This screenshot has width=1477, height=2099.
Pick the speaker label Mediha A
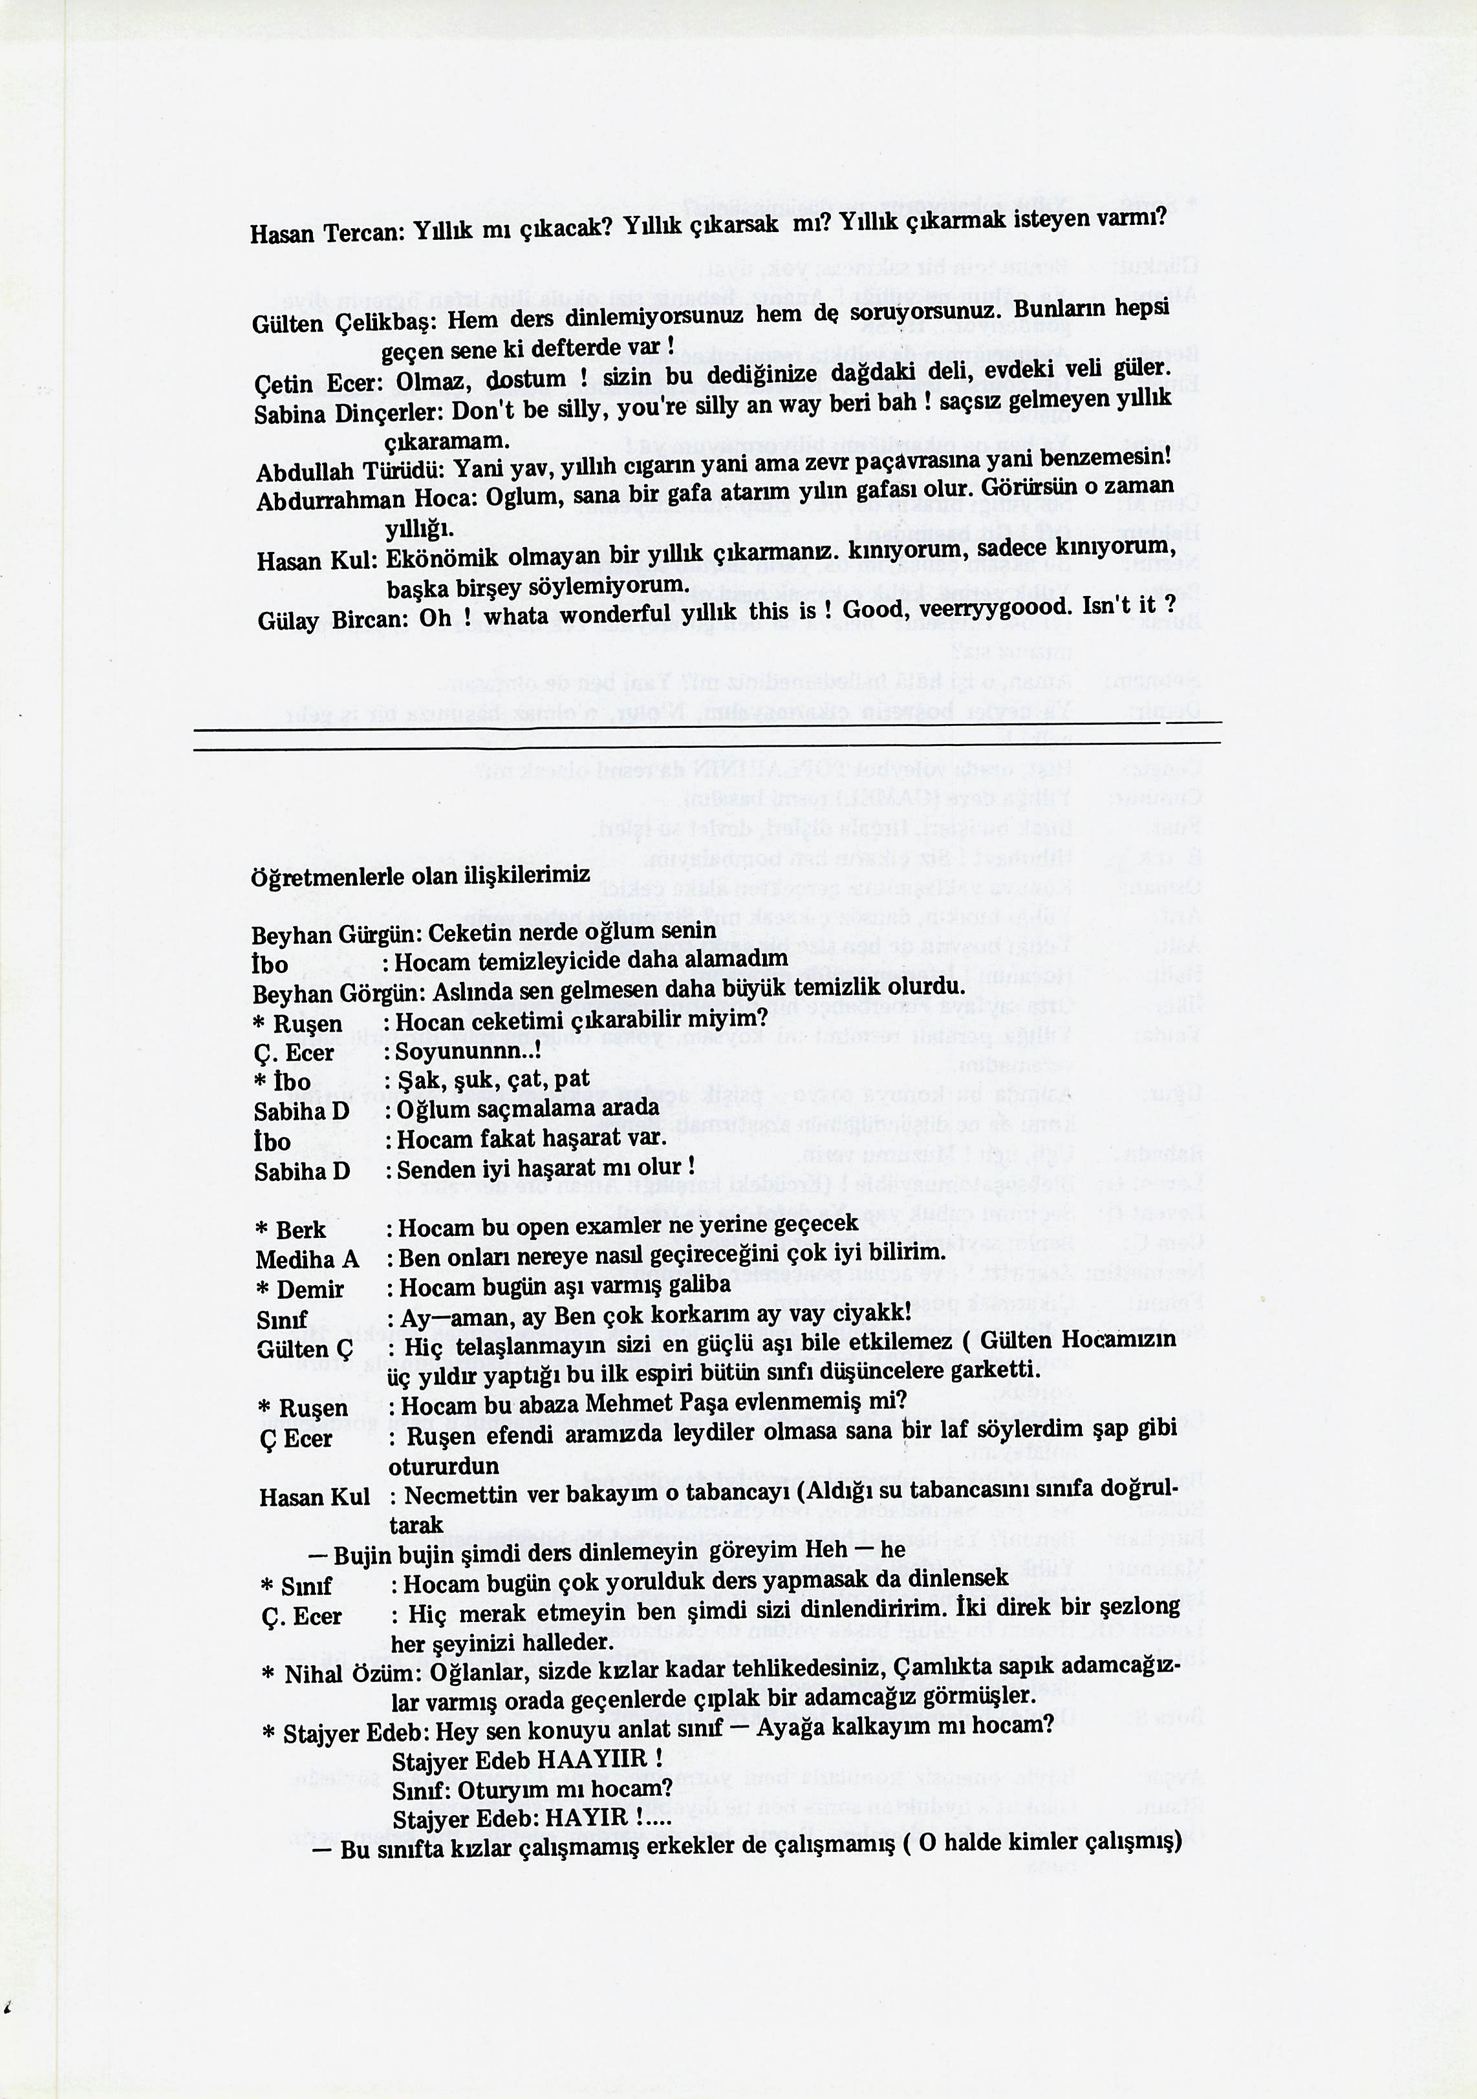[307, 1260]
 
